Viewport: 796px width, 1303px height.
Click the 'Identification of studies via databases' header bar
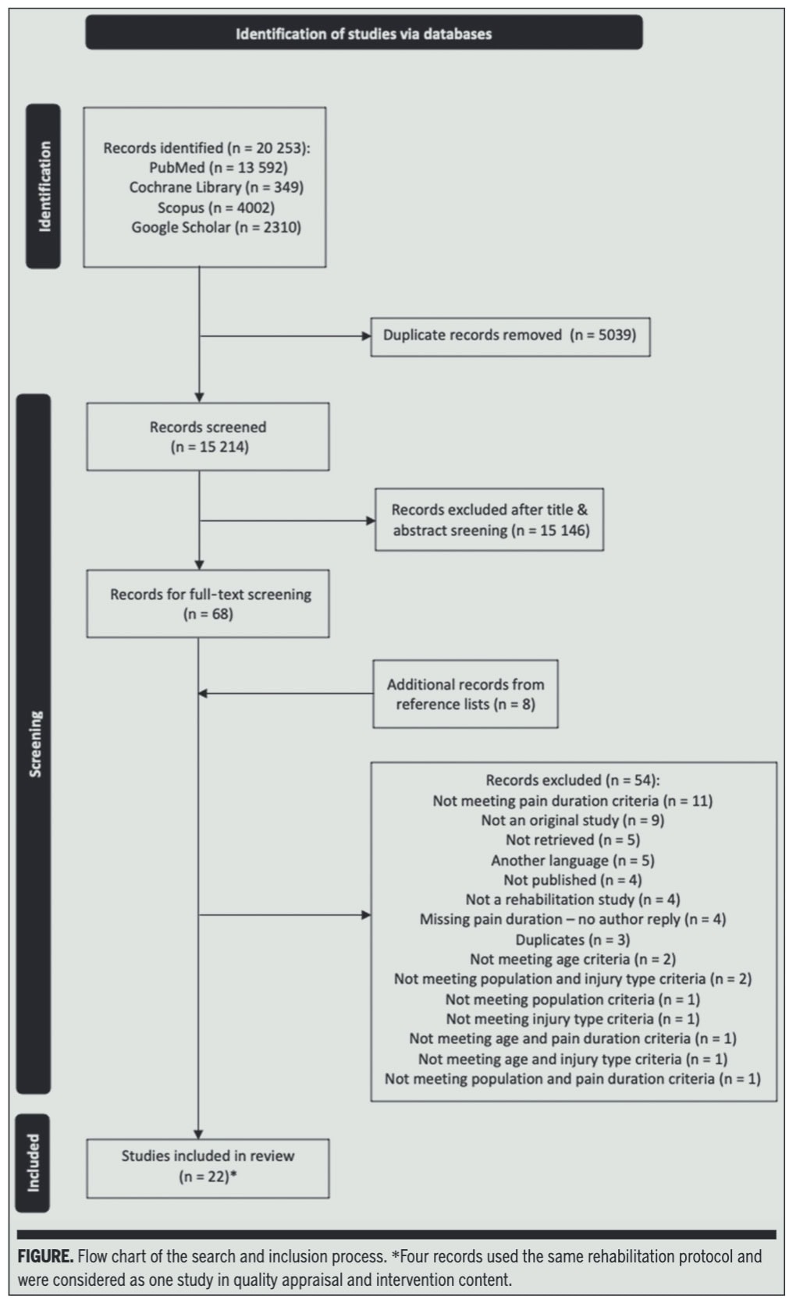(x=364, y=33)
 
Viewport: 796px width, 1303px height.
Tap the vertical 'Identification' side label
(x=43, y=186)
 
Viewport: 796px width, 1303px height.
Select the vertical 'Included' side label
(x=33, y=1163)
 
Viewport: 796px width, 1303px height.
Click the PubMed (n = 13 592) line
(x=219, y=168)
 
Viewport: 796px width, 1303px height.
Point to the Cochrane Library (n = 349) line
(x=216, y=187)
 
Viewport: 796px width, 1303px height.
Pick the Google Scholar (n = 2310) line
(x=216, y=227)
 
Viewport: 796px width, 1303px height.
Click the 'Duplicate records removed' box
(x=510, y=337)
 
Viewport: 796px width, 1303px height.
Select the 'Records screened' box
(x=208, y=436)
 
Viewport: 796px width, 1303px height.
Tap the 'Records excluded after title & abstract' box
(x=489, y=520)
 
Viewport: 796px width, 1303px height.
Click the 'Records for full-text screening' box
(x=208, y=604)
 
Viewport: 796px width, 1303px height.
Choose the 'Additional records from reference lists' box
(x=465, y=694)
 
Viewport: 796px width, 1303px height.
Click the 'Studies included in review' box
(x=208, y=1168)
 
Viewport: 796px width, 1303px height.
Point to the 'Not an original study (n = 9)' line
(x=573, y=820)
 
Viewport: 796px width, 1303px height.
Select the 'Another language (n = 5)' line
(x=573, y=861)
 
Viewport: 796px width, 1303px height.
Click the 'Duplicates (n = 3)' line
(x=573, y=939)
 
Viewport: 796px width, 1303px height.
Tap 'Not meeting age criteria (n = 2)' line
(x=573, y=959)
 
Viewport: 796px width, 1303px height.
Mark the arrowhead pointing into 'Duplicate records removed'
(x=367, y=336)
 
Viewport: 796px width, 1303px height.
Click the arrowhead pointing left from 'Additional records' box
(x=202, y=694)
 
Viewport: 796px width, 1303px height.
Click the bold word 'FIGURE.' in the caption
(x=45, y=1256)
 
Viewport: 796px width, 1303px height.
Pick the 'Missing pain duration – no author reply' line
(x=573, y=920)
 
